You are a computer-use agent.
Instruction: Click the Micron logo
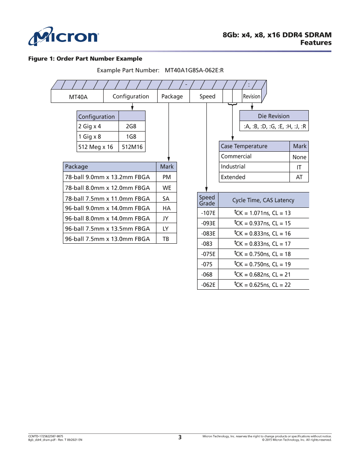click(x=63, y=36)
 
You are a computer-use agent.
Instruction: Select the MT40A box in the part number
click(x=78, y=96)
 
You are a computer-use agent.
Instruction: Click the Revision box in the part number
click(x=252, y=96)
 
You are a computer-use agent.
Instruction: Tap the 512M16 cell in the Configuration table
click(x=132, y=147)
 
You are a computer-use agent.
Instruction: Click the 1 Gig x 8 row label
click(x=89, y=137)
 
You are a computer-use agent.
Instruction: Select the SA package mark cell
click(x=166, y=199)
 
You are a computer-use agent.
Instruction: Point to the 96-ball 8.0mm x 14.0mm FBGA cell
click(x=108, y=218)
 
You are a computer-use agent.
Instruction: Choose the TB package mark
click(x=166, y=239)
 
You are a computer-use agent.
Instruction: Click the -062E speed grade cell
click(x=208, y=285)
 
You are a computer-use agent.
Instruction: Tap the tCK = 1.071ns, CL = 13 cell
click(x=262, y=213)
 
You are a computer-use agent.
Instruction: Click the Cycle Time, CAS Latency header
click(x=263, y=200)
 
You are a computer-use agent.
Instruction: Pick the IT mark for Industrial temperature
click(x=299, y=167)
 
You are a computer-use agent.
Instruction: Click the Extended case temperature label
click(x=233, y=177)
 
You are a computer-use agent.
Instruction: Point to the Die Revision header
click(x=274, y=116)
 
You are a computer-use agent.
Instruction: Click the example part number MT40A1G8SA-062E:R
click(x=194, y=70)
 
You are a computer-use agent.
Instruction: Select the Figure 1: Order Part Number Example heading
click(x=85, y=59)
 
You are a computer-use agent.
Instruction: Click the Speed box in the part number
click(x=208, y=96)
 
